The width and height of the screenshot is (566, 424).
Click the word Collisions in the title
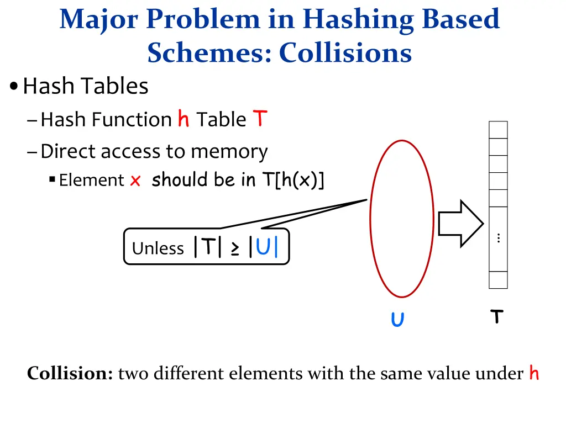(x=345, y=53)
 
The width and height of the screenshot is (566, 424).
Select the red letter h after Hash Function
(x=184, y=119)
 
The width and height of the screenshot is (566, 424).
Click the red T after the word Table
(x=260, y=118)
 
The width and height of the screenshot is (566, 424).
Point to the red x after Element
(x=135, y=181)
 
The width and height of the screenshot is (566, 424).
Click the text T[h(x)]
(x=292, y=180)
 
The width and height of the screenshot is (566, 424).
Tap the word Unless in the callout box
(x=158, y=248)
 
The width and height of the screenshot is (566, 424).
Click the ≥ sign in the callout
(x=235, y=248)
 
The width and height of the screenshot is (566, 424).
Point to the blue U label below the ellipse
(x=397, y=320)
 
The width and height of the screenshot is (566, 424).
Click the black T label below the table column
(x=497, y=317)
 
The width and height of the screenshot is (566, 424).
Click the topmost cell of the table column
(x=498, y=130)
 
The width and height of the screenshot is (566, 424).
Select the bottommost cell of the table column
(x=498, y=280)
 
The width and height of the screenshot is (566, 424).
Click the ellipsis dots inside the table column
(x=499, y=238)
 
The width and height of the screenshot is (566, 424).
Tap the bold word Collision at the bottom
(x=70, y=374)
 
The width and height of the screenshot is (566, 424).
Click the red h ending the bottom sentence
(x=533, y=373)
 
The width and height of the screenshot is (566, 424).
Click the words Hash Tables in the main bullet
(x=86, y=86)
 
